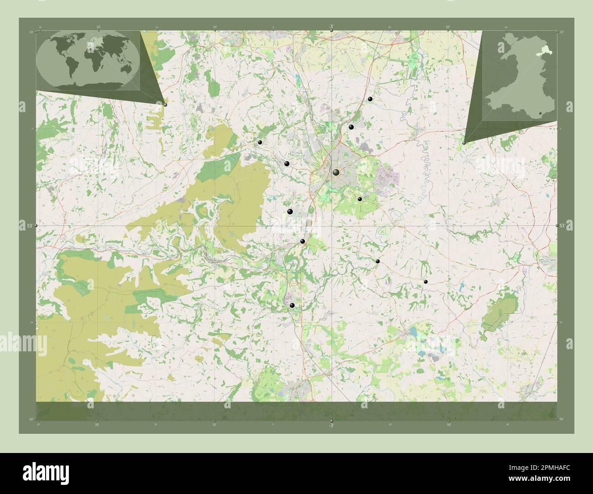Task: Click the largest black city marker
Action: coord(336,172)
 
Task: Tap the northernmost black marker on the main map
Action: coord(370,99)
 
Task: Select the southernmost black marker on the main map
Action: coord(292,305)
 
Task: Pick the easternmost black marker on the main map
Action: coord(426,282)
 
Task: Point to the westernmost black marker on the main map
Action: coord(260,143)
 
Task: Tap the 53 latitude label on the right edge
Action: coord(562,226)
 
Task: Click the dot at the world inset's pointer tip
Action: coord(165,104)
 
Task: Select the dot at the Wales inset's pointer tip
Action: coord(464,143)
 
